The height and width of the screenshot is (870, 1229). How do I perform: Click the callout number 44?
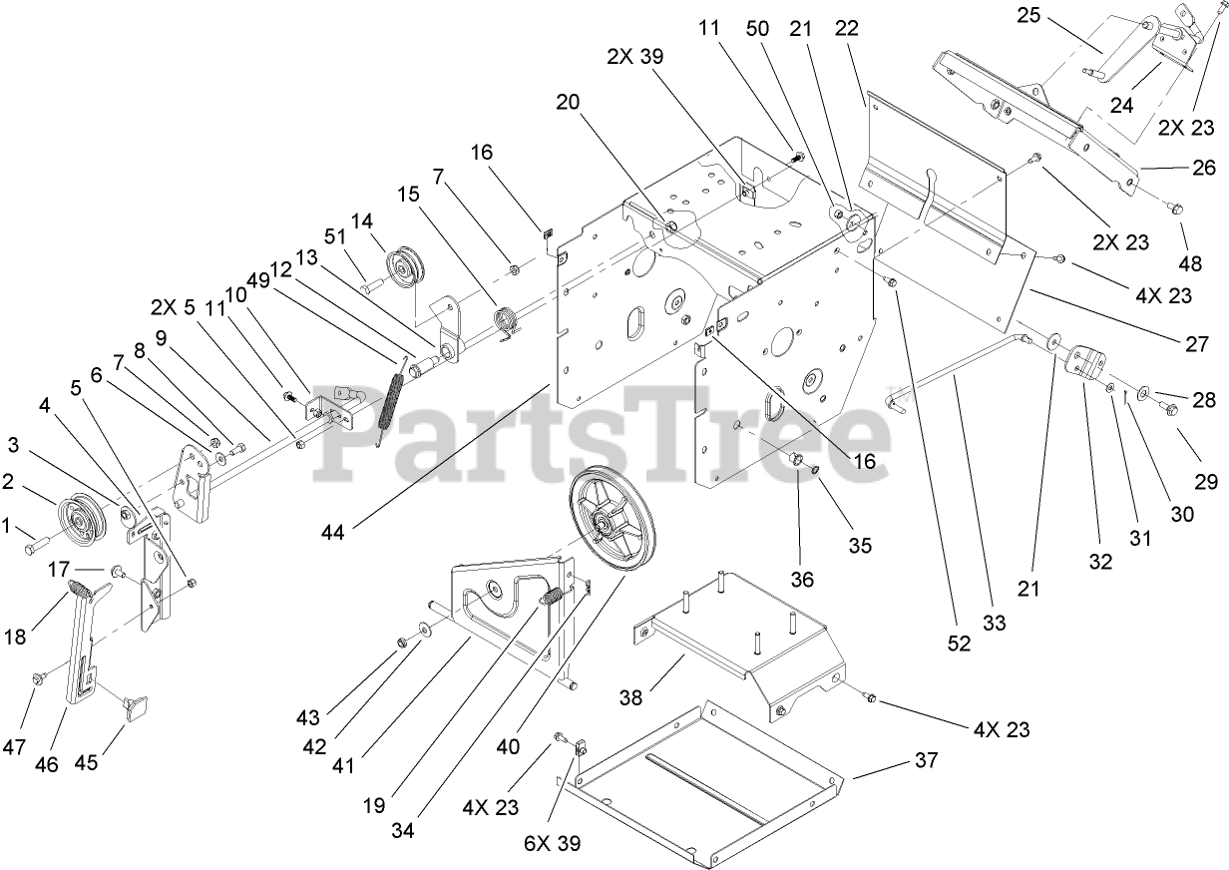[333, 534]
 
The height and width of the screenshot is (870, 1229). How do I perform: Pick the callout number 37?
[926, 761]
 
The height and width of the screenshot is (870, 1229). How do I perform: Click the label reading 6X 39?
[553, 843]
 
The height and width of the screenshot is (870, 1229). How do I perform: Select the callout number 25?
[1029, 15]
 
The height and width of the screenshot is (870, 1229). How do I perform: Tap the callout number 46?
[47, 764]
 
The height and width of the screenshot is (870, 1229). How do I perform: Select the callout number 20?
[568, 102]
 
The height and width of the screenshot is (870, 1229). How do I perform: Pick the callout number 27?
[1197, 344]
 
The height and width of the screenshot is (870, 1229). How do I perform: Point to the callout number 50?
[758, 29]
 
